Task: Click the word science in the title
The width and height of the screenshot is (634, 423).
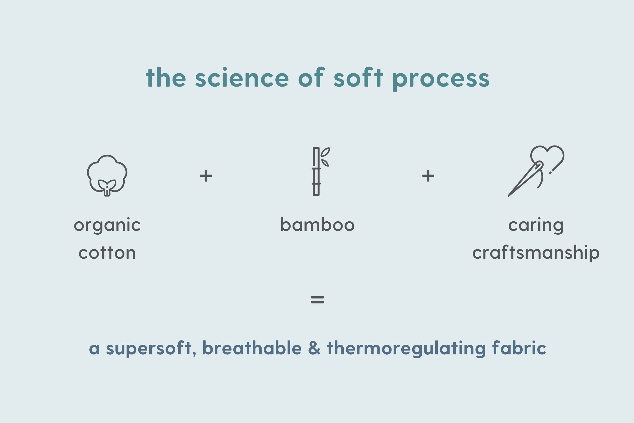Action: point(242,77)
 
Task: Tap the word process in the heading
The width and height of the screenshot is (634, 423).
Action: point(441,80)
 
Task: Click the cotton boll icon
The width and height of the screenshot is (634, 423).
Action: point(107,175)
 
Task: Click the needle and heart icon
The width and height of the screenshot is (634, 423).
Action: point(536,171)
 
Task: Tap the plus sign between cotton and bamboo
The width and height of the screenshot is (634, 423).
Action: point(206,176)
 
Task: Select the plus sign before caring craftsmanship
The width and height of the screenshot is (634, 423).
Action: point(428,176)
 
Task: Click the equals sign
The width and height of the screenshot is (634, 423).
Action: point(317,300)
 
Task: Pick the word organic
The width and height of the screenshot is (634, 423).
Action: point(107,226)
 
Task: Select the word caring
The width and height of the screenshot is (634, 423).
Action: point(536,226)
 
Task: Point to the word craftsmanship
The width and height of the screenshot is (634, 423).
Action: point(536,253)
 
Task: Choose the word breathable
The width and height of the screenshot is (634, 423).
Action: point(252,347)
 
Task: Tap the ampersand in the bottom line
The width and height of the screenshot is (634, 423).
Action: point(314,348)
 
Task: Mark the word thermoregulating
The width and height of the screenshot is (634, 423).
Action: point(406,349)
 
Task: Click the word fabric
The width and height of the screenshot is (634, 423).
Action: point(519,347)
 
